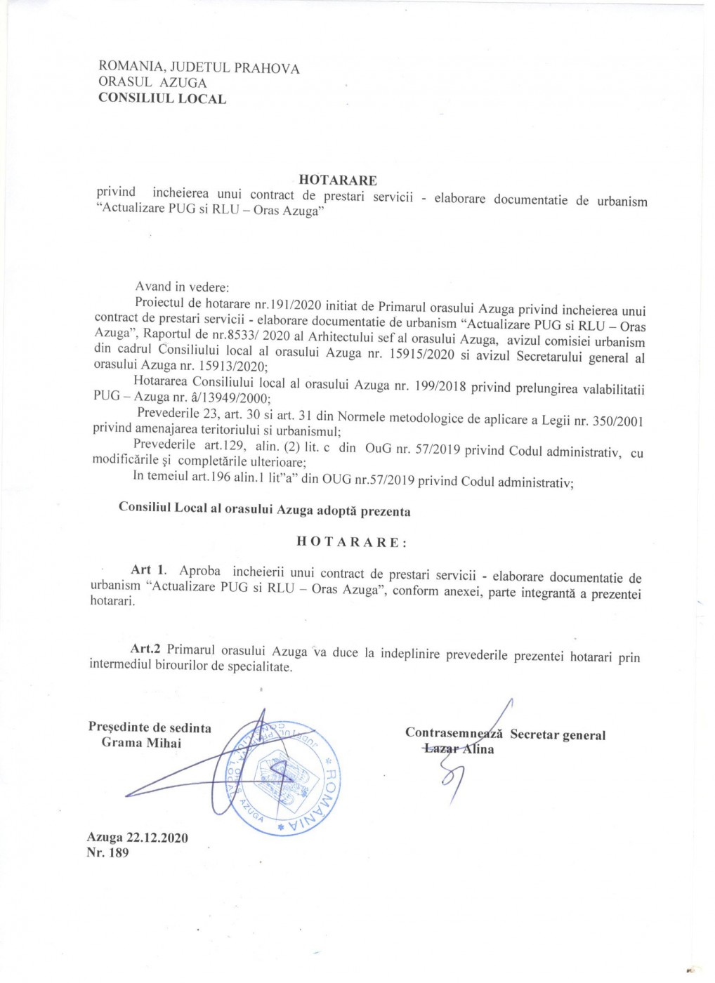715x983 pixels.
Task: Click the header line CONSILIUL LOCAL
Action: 162,98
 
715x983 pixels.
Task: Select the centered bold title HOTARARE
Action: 338,180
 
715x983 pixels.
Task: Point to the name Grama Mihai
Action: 141,743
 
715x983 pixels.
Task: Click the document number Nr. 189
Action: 107,853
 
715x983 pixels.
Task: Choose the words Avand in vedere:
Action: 182,286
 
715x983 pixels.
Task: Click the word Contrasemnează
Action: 454,733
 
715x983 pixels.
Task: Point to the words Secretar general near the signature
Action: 558,735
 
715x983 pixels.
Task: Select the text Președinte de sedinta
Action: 150,727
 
